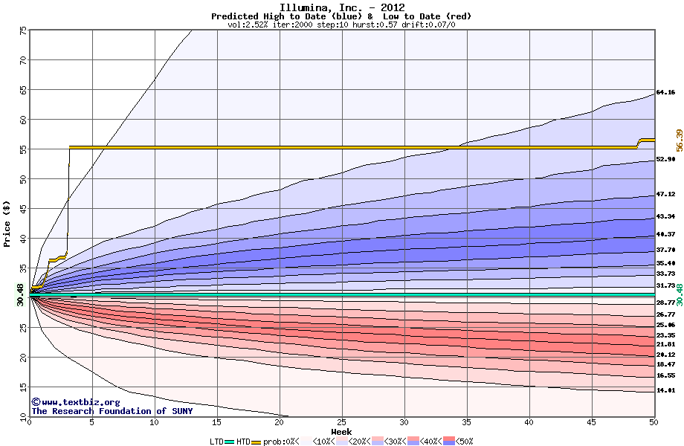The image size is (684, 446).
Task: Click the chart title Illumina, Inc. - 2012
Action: (341, 7)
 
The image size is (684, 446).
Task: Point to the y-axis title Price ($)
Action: (8, 224)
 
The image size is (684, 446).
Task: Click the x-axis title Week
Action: (341, 432)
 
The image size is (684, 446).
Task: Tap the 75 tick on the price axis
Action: (23, 30)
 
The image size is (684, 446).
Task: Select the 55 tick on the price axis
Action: (23, 149)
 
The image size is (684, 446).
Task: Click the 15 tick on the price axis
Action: (23, 387)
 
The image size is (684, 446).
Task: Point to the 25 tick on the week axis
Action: (341, 422)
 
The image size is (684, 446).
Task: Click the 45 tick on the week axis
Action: (591, 422)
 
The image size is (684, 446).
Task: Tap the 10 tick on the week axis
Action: (154, 422)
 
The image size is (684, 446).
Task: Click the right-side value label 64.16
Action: (665, 92)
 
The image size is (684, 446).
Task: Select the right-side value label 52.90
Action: (665, 159)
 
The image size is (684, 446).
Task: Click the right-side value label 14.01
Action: (665, 390)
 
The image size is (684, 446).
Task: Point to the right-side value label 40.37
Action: (665, 234)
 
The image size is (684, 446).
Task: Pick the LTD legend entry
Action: (218, 442)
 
